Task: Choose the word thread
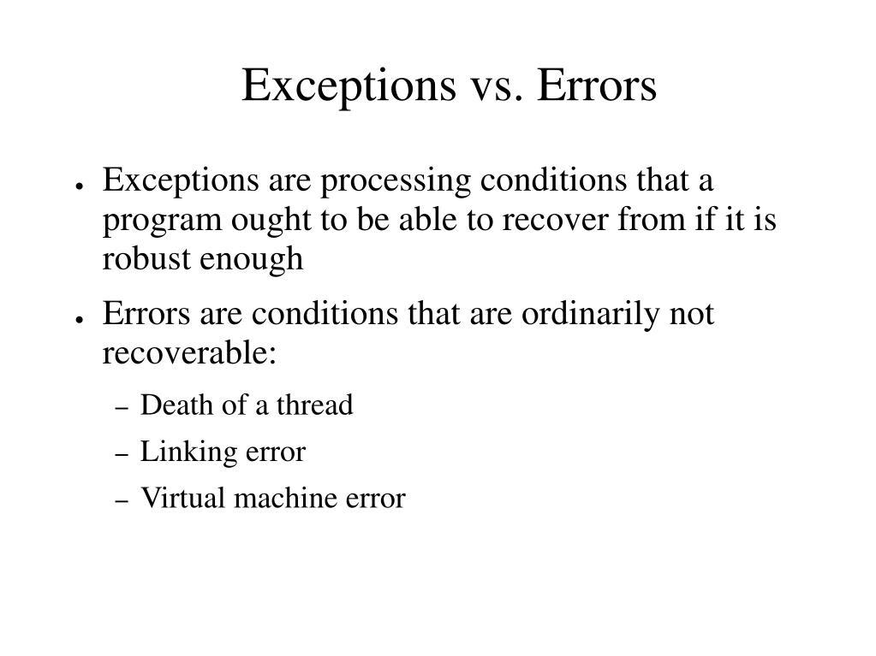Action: pyautogui.click(x=314, y=405)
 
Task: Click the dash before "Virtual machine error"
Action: pyautogui.click(x=121, y=501)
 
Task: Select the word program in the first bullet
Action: pyautogui.click(x=160, y=222)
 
